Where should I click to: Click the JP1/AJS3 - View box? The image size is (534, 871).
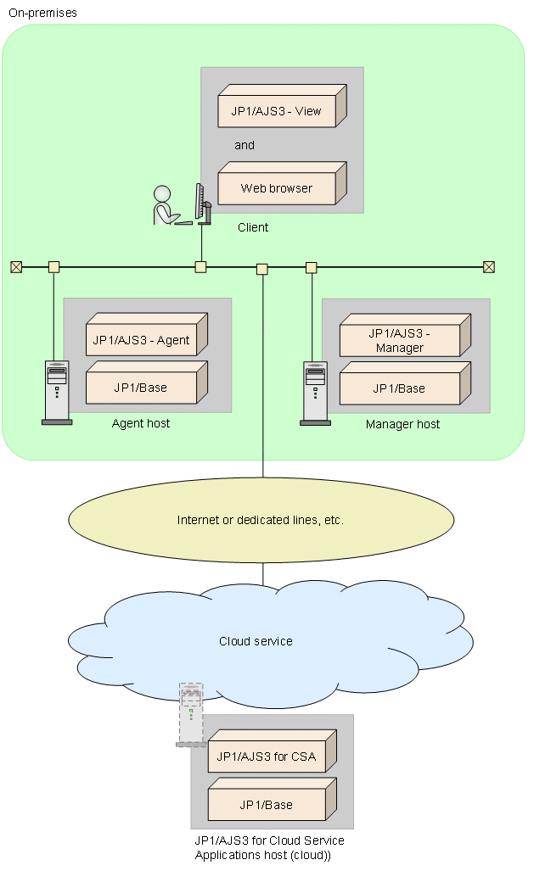pyautogui.click(x=277, y=110)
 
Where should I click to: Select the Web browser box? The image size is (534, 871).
pyautogui.click(x=277, y=188)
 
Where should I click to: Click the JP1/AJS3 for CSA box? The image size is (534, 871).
pyautogui.click(x=267, y=757)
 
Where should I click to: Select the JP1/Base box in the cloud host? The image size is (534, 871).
pyautogui.click(x=267, y=805)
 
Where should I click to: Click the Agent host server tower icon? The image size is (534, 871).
pyautogui.click(x=57, y=392)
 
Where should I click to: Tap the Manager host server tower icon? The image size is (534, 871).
pyautogui.click(x=315, y=392)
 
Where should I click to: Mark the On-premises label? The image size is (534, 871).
pyautogui.click(x=42, y=13)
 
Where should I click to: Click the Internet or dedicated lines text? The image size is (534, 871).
pyautogui.click(x=260, y=520)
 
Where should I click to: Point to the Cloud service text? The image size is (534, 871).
pyautogui.click(x=256, y=641)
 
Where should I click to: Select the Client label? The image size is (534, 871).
pyautogui.click(x=253, y=227)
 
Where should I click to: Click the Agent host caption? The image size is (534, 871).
pyautogui.click(x=141, y=423)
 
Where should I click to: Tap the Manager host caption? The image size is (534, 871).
pyautogui.click(x=402, y=424)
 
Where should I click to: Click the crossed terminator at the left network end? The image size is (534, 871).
pyautogui.click(x=16, y=267)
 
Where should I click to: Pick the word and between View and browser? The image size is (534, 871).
pyautogui.click(x=245, y=145)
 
